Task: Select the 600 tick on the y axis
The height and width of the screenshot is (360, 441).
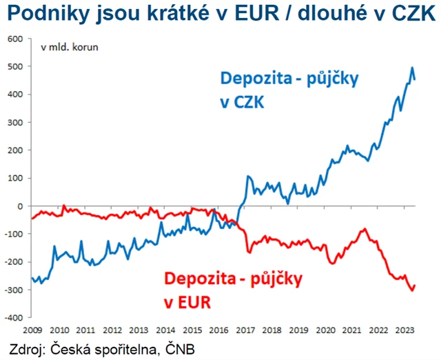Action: tap(14, 38)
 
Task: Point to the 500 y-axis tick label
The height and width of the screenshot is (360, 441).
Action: tap(14, 66)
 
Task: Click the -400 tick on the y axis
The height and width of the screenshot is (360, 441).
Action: tap(13, 318)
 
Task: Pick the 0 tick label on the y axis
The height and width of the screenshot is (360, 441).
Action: tap(20, 206)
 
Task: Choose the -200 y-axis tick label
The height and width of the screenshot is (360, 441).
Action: tap(13, 262)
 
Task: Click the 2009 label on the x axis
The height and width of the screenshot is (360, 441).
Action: tap(32, 329)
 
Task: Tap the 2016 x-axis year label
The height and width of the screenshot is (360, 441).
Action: tap(218, 329)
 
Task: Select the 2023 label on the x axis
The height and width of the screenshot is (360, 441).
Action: tap(405, 329)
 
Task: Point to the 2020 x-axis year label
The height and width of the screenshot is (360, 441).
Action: tap(325, 329)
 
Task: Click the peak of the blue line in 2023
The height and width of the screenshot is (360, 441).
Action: tap(412, 68)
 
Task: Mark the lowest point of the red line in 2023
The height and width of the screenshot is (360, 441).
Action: tap(413, 290)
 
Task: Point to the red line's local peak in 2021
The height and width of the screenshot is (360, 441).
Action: tap(365, 228)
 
